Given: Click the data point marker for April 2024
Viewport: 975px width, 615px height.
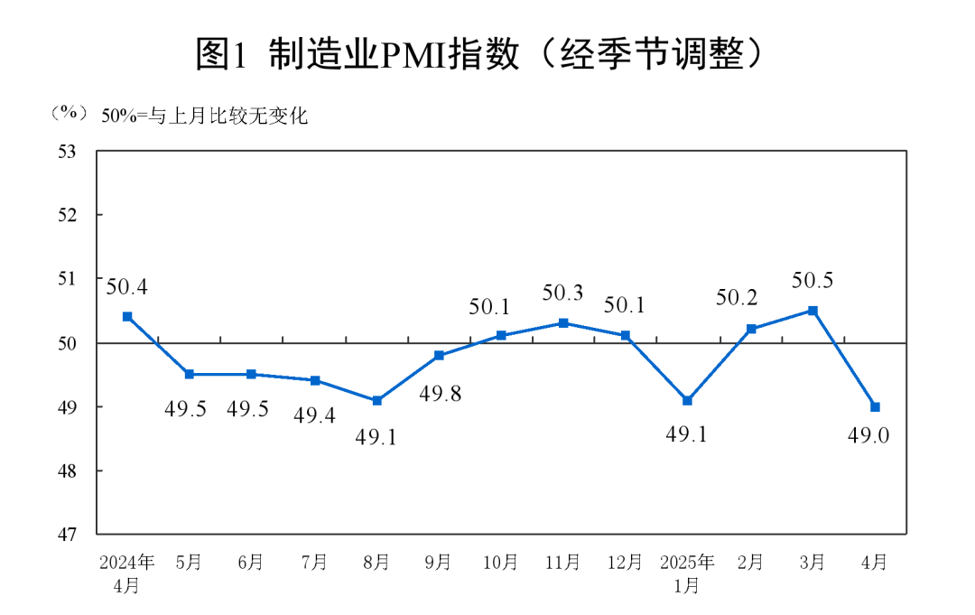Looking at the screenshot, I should click(x=127, y=316).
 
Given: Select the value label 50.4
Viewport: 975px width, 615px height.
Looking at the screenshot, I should click(x=127, y=287).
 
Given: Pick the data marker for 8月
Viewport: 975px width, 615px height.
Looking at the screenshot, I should click(x=376, y=400).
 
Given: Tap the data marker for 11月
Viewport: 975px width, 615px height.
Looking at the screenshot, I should click(x=563, y=322).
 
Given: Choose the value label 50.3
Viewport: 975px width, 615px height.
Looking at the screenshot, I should click(x=563, y=293).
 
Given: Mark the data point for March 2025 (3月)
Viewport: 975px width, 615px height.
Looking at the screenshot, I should click(x=812, y=310).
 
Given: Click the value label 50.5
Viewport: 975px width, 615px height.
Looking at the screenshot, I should click(x=812, y=281).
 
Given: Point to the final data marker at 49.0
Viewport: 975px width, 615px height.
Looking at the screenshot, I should click(x=875, y=406).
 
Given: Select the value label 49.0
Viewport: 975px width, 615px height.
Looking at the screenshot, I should click(x=868, y=435).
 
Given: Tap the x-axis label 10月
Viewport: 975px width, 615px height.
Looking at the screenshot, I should click(x=501, y=563).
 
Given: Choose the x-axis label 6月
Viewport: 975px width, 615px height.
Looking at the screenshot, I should click(x=252, y=563).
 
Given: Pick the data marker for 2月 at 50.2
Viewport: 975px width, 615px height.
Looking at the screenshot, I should click(x=750, y=329).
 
